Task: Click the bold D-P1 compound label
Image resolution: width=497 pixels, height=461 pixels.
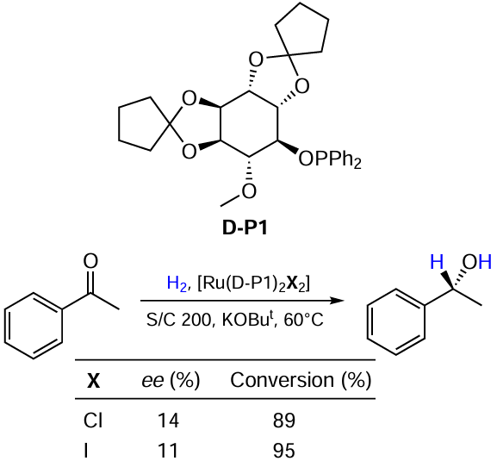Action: (x=245, y=228)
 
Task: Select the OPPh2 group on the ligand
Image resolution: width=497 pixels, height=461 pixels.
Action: (x=330, y=159)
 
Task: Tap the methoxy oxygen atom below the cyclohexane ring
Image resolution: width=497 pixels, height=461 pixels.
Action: (x=249, y=191)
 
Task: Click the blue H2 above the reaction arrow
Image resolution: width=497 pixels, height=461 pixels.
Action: (x=177, y=283)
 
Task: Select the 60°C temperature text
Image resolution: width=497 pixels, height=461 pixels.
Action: (x=304, y=320)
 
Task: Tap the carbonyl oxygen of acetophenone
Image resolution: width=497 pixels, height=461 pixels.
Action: (x=90, y=261)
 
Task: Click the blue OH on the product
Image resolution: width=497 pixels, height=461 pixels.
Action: (x=476, y=263)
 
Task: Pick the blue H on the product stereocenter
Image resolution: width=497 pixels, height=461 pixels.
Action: (x=437, y=263)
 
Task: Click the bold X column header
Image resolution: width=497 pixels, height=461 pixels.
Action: (x=93, y=381)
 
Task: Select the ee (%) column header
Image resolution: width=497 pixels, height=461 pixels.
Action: (x=171, y=380)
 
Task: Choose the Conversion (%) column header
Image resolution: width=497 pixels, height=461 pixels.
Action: (x=301, y=380)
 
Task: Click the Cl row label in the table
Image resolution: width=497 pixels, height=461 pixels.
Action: (x=93, y=421)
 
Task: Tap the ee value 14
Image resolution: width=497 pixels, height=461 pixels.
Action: (x=169, y=421)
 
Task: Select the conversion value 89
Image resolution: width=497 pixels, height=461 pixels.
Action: (x=284, y=421)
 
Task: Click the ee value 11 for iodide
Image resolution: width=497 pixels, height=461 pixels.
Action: (x=169, y=451)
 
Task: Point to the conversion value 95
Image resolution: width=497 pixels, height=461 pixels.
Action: (x=284, y=451)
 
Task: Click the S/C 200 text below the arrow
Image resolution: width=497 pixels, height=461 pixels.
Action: (x=178, y=320)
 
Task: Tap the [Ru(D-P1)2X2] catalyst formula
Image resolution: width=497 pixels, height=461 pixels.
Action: (x=253, y=283)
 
